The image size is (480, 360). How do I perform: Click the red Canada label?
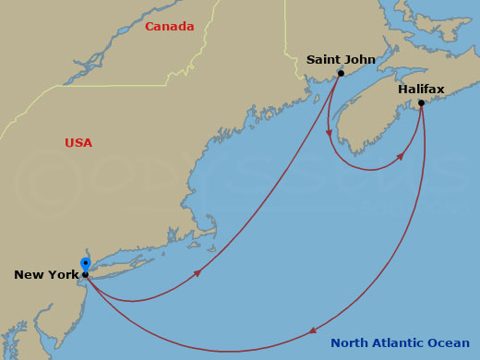[x=169, y=26]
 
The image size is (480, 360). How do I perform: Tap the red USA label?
[x=78, y=142]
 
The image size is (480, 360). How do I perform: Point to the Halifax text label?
[x=421, y=89]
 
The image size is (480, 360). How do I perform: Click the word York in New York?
[x=58, y=275]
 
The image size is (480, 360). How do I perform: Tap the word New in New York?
[x=28, y=275]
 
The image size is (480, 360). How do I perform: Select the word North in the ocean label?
[x=350, y=343]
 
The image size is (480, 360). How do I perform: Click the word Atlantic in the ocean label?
[x=399, y=343]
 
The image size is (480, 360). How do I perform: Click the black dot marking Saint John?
[x=341, y=73]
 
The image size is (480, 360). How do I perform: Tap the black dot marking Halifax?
[x=421, y=102]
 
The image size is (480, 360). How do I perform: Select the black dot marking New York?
[x=85, y=274]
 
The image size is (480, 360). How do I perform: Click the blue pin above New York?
[x=85, y=264]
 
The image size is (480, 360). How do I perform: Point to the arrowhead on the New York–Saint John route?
[x=197, y=273]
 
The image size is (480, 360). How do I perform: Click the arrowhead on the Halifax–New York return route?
[x=314, y=330]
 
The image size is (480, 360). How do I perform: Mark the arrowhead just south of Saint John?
[x=330, y=132]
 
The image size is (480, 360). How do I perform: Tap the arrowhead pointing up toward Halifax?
[x=401, y=157]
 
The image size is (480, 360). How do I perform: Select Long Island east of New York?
[x=120, y=263]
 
